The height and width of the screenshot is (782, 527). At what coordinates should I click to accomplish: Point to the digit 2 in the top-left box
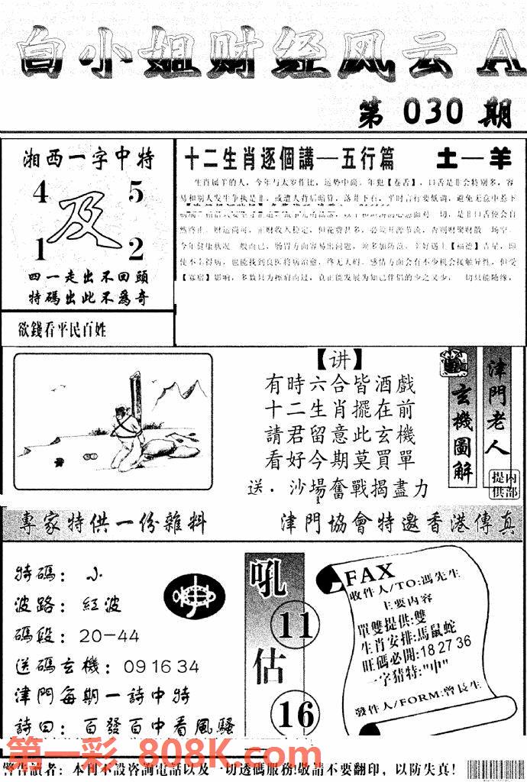[x=136, y=248]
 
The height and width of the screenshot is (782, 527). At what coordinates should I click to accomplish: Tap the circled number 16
[x=296, y=714]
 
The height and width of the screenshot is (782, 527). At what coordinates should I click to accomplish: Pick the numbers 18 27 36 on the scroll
[x=443, y=640]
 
